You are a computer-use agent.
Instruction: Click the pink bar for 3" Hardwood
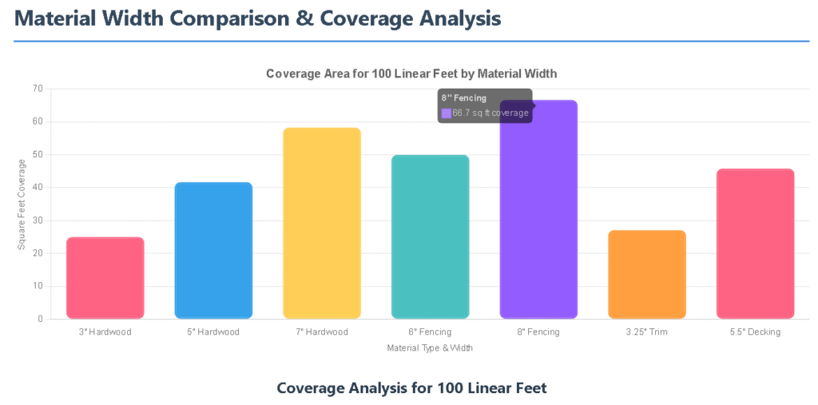pyautogui.click(x=105, y=278)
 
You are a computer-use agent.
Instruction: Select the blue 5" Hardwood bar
pyautogui.click(x=213, y=251)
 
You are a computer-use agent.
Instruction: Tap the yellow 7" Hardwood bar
pyautogui.click(x=322, y=224)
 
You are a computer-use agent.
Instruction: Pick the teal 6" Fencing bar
pyautogui.click(x=430, y=237)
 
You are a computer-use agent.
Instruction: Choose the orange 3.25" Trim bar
pyautogui.click(x=647, y=275)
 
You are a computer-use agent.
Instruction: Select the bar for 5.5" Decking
pyautogui.click(x=755, y=244)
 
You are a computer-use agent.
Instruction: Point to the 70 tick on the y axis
pyautogui.click(x=37, y=89)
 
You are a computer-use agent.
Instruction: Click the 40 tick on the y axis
pyautogui.click(x=37, y=188)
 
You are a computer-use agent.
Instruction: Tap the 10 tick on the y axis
pyautogui.click(x=37, y=286)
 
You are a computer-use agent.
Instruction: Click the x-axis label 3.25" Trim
pyautogui.click(x=647, y=332)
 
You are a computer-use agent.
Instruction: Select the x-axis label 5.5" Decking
pyautogui.click(x=755, y=332)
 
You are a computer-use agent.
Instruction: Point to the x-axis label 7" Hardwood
pyautogui.click(x=322, y=332)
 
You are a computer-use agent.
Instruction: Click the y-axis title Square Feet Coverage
pyautogui.click(x=22, y=204)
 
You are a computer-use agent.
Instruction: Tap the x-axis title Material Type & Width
pyautogui.click(x=430, y=348)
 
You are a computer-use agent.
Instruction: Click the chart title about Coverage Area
pyautogui.click(x=411, y=73)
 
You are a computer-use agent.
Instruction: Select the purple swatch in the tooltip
pyautogui.click(x=447, y=113)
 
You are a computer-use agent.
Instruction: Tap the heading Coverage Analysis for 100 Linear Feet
pyautogui.click(x=411, y=388)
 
